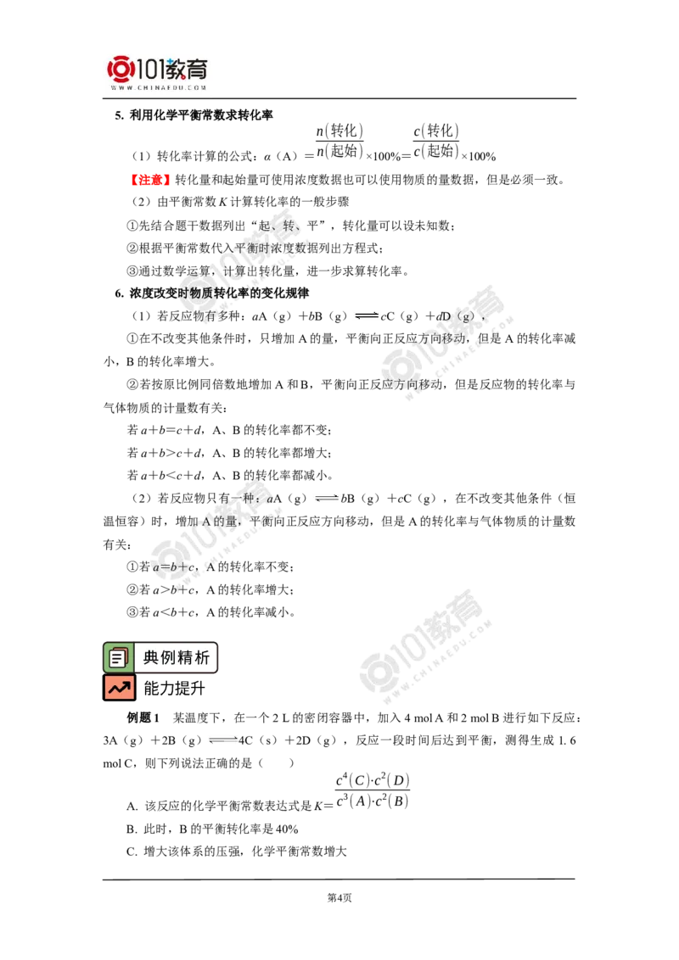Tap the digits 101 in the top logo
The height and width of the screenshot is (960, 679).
click(x=153, y=68)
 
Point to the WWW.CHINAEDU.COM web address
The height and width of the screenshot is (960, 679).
click(x=159, y=87)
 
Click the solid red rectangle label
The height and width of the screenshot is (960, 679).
click(x=149, y=180)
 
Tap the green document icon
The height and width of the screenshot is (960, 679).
click(x=117, y=657)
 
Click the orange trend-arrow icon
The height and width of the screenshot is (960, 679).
click(x=120, y=688)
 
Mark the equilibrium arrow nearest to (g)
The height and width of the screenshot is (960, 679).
click(x=367, y=315)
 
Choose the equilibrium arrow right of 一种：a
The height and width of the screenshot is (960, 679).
click(x=327, y=499)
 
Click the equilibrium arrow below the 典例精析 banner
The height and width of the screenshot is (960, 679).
click(x=222, y=740)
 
